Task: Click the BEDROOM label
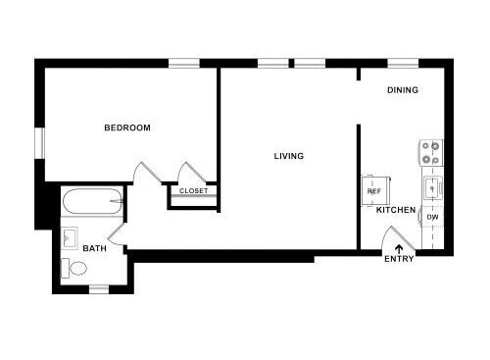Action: pyautogui.click(x=127, y=129)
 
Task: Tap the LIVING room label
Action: pyautogui.click(x=288, y=156)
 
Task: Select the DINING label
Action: pyautogui.click(x=402, y=90)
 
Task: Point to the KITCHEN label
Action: pyautogui.click(x=396, y=210)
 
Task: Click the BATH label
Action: pyautogui.click(x=94, y=249)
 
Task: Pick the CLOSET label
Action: pyautogui.click(x=193, y=190)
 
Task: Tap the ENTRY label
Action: pyautogui.click(x=399, y=259)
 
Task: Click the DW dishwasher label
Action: pyautogui.click(x=432, y=217)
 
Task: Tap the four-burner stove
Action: pyautogui.click(x=430, y=152)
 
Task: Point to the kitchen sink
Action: pyautogui.click(x=431, y=186)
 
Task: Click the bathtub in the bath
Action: pyautogui.click(x=91, y=204)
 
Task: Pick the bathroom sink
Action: pyautogui.click(x=70, y=238)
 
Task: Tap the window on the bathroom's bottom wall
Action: pyautogui.click(x=99, y=288)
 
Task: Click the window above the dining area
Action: pyautogui.click(x=403, y=64)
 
